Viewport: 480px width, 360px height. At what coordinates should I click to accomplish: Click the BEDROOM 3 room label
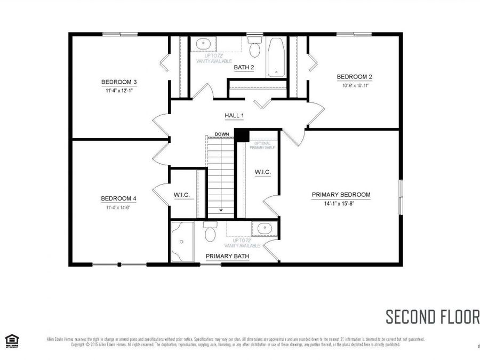click(119, 82)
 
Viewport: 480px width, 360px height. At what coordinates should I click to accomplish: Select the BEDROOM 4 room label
click(119, 199)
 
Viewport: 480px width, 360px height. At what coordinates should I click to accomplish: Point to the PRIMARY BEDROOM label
click(341, 195)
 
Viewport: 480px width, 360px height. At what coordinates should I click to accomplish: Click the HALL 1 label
click(234, 116)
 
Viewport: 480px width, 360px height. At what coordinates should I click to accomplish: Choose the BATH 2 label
click(244, 67)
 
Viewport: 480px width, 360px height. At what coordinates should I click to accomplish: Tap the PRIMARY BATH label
click(227, 257)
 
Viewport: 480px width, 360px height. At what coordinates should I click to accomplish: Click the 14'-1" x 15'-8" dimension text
click(341, 203)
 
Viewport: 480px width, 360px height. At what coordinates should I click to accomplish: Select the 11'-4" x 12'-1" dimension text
click(119, 90)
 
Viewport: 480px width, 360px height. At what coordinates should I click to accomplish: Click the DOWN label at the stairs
click(221, 134)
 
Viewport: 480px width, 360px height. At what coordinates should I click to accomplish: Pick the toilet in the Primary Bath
click(210, 231)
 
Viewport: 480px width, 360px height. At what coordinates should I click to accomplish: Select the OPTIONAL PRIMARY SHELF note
click(265, 146)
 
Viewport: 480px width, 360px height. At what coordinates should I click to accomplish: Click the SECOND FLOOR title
click(432, 316)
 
